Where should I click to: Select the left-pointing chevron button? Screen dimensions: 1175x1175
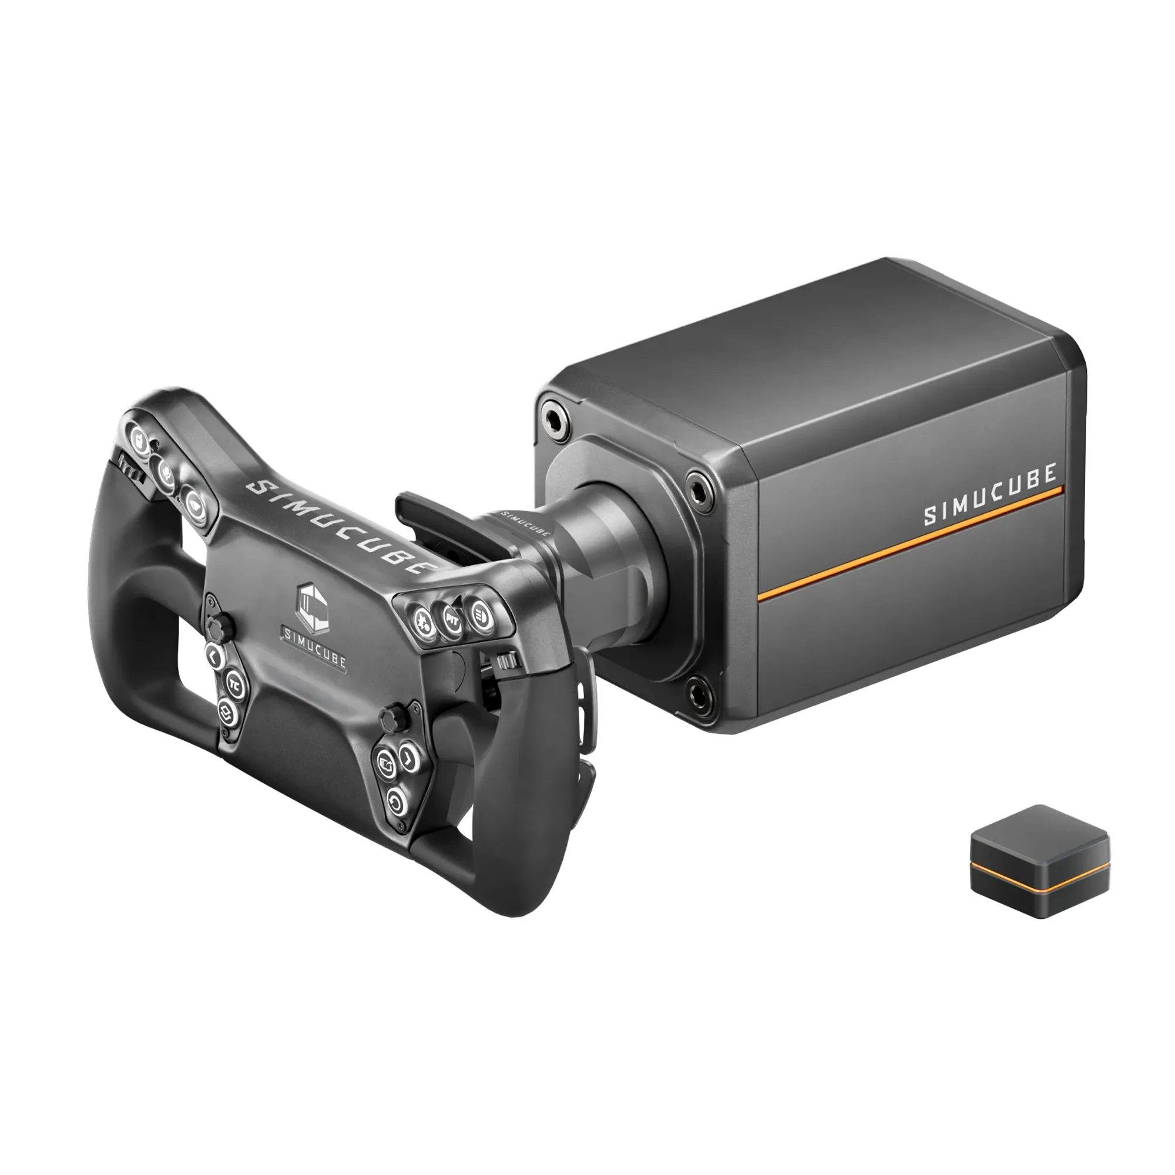(x=213, y=656)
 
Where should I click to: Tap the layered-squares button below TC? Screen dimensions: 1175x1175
(x=227, y=709)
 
